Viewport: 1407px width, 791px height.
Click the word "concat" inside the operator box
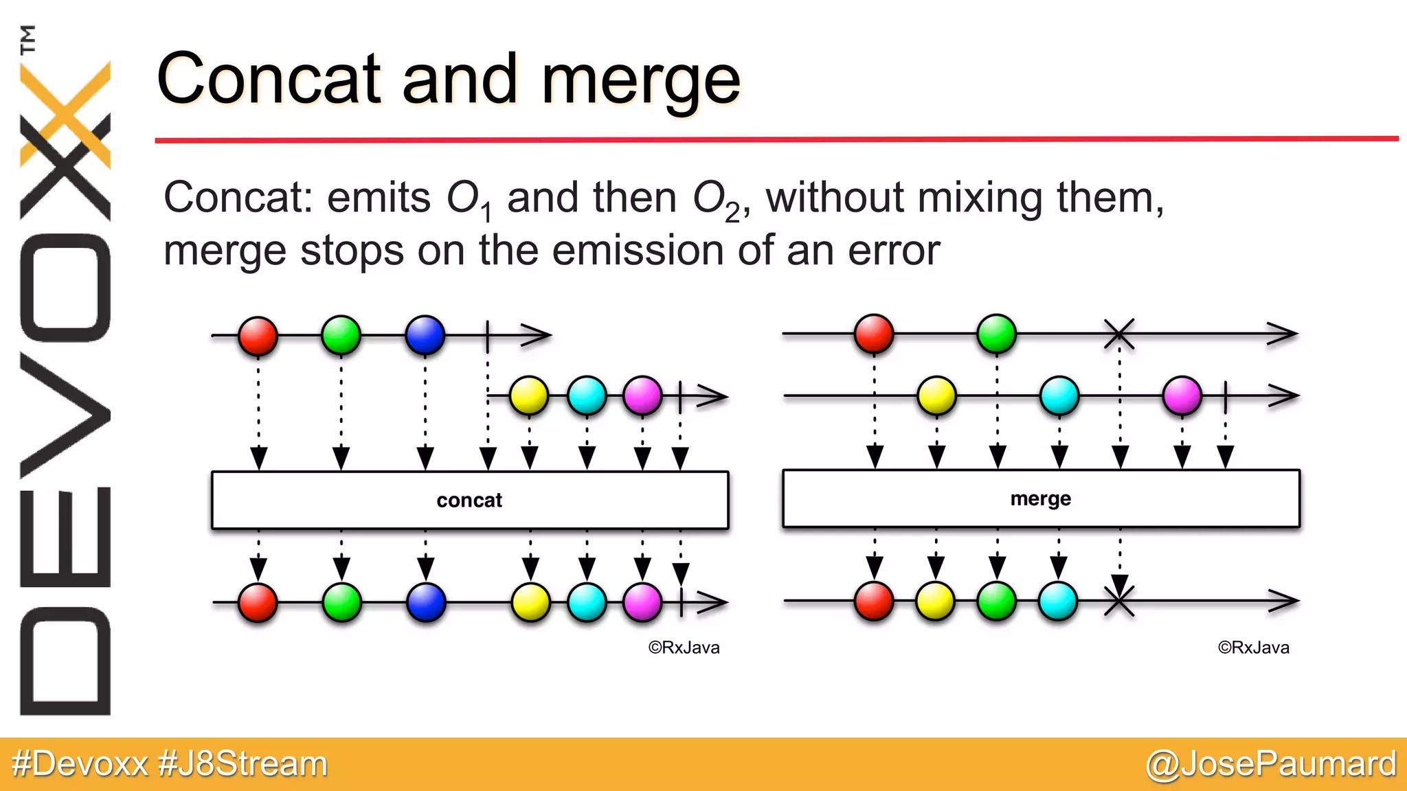point(469,501)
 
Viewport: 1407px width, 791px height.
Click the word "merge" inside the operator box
point(1040,498)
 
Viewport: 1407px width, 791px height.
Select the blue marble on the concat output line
point(426,602)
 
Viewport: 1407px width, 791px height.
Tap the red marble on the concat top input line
point(258,336)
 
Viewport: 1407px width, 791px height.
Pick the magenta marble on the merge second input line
point(1182,395)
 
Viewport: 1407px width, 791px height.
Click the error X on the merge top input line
point(1119,334)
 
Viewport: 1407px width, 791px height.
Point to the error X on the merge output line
point(1119,601)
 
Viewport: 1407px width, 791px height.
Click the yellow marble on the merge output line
point(935,601)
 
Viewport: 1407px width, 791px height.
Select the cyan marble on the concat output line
point(587,602)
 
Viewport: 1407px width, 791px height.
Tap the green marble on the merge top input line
point(996,334)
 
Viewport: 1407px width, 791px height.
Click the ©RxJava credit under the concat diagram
point(684,647)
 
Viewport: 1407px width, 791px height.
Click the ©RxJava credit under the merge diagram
point(1253,647)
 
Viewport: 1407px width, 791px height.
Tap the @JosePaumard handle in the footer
point(1271,764)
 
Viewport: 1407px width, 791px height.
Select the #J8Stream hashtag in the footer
point(243,764)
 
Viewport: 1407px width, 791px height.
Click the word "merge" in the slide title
point(640,81)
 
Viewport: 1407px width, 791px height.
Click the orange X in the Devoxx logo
point(65,113)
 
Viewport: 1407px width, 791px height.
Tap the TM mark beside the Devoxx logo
point(28,39)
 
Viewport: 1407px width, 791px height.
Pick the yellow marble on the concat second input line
point(529,395)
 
